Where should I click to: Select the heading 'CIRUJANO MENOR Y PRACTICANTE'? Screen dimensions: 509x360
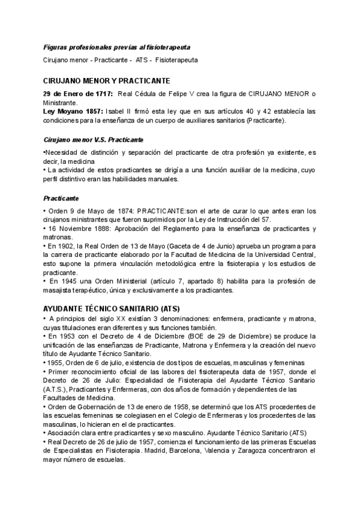click(x=107, y=80)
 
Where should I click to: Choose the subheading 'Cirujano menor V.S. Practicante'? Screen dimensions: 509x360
click(x=93, y=140)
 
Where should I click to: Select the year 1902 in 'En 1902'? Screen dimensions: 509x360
click(x=65, y=246)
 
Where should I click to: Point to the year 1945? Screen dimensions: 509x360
click(x=66, y=282)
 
